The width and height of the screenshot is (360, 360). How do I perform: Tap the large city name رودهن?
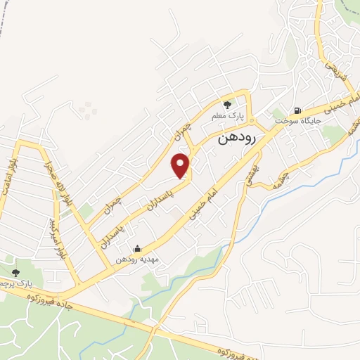236,136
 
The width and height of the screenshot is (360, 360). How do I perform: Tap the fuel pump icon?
298,110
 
